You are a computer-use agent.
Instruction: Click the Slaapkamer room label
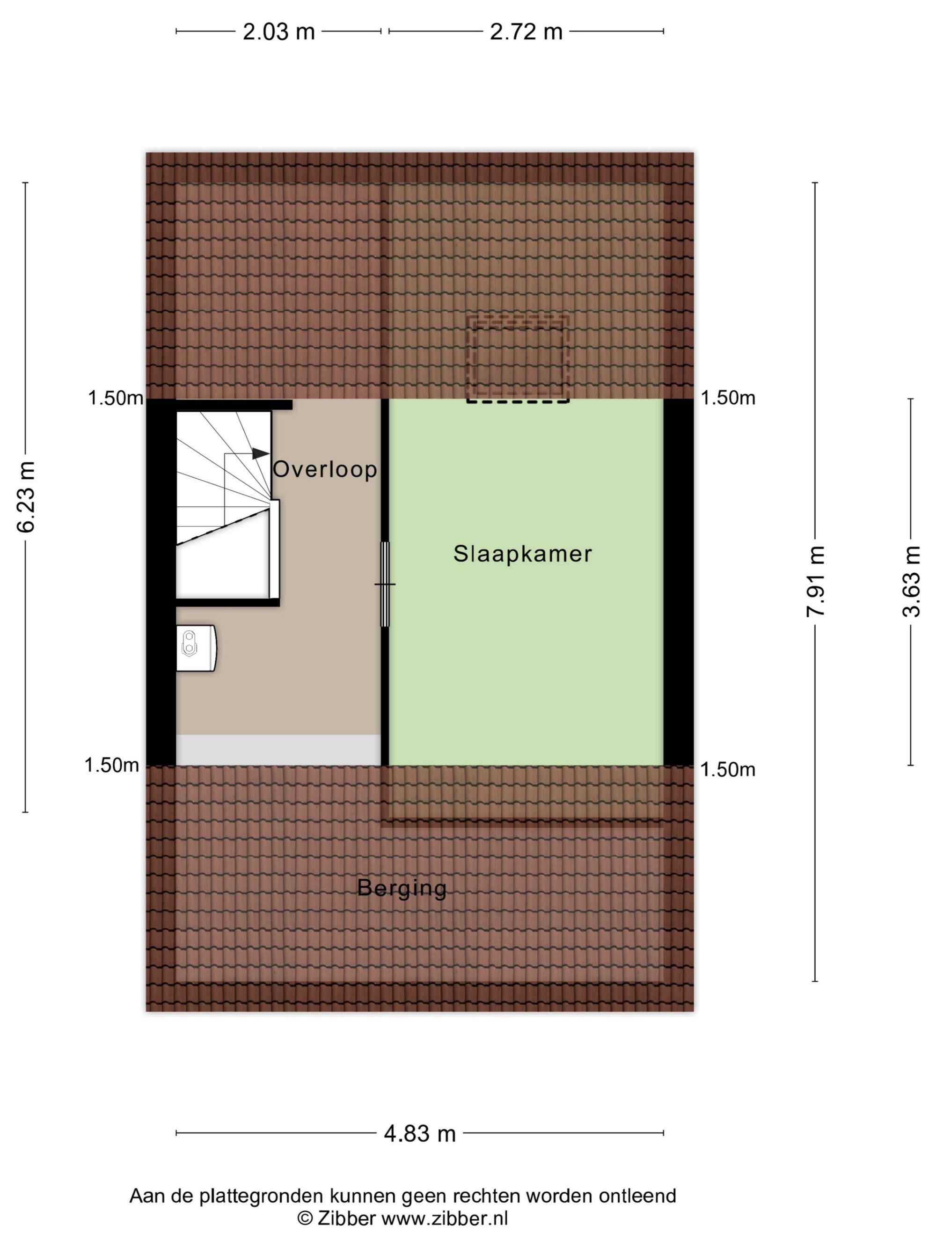522,554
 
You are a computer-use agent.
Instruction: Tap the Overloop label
325,469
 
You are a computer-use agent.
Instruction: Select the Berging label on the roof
402,889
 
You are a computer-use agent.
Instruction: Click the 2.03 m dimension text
279,32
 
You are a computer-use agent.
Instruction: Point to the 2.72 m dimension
526,32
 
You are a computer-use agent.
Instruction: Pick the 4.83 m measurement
420,1133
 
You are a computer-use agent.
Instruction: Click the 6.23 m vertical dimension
26,496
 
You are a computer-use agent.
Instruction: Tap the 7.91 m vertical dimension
816,581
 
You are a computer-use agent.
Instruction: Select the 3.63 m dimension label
911,581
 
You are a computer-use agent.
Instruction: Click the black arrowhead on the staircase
260,453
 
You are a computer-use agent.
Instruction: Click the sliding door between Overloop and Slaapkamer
385,584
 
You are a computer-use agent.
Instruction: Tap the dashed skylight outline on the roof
517,359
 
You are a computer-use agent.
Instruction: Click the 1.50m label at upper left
116,398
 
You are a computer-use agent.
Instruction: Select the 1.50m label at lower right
728,770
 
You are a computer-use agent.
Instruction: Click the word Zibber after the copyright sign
346,1219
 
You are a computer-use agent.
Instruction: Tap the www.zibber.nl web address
445,1219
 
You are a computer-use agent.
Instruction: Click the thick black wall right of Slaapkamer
678,582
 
